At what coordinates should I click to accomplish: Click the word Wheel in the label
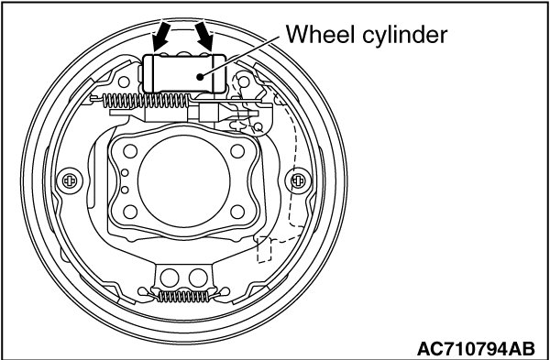coord(319,35)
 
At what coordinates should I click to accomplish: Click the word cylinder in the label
coord(405,36)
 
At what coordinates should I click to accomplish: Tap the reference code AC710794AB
coord(476,349)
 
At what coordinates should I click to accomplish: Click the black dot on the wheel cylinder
coord(200,77)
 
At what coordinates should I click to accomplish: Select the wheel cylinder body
coord(184,73)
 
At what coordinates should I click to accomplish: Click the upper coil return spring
coord(146,101)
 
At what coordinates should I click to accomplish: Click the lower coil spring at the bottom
coord(182,296)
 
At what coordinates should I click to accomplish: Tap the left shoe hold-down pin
coord(70,180)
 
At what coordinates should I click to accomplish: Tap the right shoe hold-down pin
coord(298,180)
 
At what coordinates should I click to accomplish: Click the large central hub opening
coord(184,180)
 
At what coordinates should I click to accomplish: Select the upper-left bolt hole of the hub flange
coord(130,151)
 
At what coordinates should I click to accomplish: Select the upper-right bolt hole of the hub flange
coord(237,151)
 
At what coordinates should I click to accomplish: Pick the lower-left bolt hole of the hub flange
coord(130,212)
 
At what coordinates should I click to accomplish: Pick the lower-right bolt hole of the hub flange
coord(237,212)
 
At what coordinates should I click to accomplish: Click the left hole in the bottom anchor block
coord(170,278)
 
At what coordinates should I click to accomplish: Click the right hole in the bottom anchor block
coord(198,278)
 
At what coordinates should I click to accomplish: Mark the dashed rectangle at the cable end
coord(265,249)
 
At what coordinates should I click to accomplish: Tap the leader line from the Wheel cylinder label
coord(239,56)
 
